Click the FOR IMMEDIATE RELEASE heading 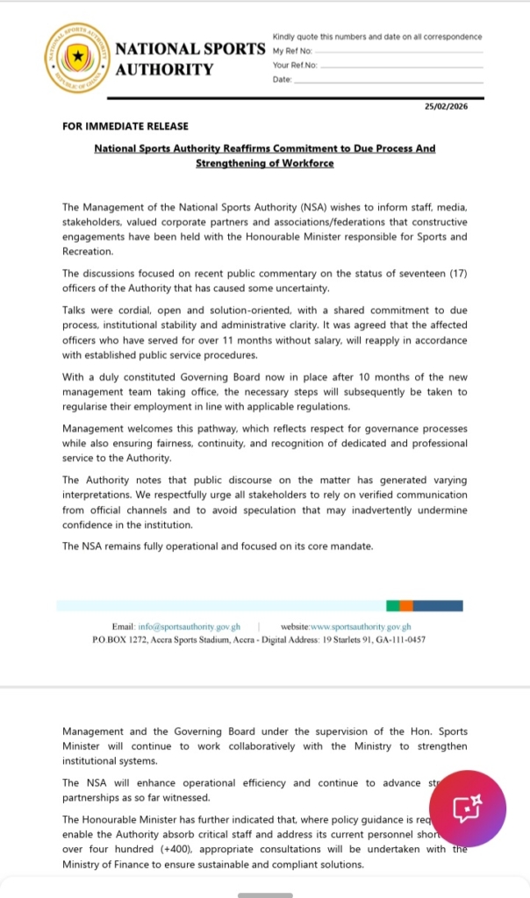pos(125,126)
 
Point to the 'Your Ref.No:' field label pos(296,65)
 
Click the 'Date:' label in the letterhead pos(283,79)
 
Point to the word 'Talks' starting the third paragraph pos(77,310)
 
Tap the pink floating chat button pos(467,809)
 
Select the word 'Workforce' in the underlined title pos(307,163)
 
